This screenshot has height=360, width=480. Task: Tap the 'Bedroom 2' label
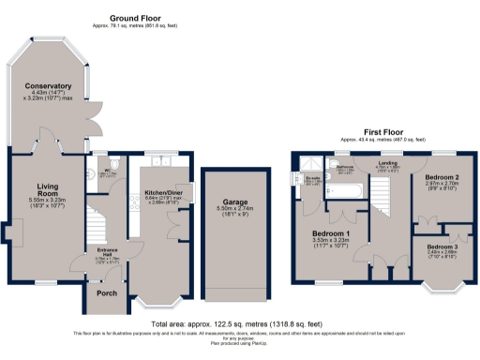441,177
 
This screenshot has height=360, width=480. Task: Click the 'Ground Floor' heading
135,18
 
